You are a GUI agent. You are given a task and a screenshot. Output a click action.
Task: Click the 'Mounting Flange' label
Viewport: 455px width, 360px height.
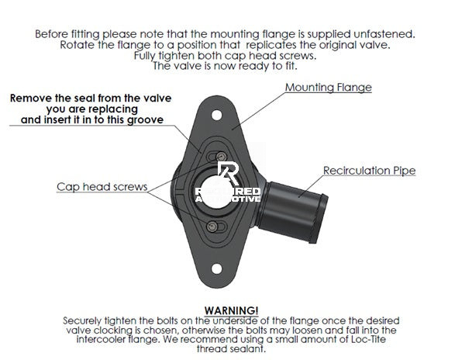coord(328,88)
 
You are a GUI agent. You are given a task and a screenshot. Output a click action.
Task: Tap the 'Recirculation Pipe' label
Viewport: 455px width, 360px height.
coord(369,171)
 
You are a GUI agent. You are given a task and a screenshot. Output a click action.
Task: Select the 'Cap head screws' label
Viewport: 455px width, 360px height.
coord(102,187)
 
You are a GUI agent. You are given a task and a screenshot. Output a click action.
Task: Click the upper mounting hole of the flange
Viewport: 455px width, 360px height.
coord(217,115)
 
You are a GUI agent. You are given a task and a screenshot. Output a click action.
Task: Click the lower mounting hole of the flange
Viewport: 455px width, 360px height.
coord(217,268)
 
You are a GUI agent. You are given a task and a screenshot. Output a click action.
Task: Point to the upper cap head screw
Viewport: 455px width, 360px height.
coord(222,157)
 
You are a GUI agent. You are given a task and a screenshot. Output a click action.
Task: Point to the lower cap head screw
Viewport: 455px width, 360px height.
coord(212,227)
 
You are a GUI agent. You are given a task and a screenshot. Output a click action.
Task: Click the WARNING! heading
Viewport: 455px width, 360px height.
coord(231,310)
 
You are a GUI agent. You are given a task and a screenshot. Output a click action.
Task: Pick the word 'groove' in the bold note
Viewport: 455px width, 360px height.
coord(146,120)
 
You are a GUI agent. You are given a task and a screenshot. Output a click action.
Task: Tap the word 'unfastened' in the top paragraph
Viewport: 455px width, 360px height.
coord(384,34)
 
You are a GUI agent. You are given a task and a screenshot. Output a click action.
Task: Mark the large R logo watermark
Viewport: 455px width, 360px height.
coord(229,173)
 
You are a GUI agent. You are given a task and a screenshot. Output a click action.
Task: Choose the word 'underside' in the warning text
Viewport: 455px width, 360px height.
coord(235,320)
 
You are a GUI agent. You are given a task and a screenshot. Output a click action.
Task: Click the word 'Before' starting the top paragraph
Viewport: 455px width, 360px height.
coord(52,34)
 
